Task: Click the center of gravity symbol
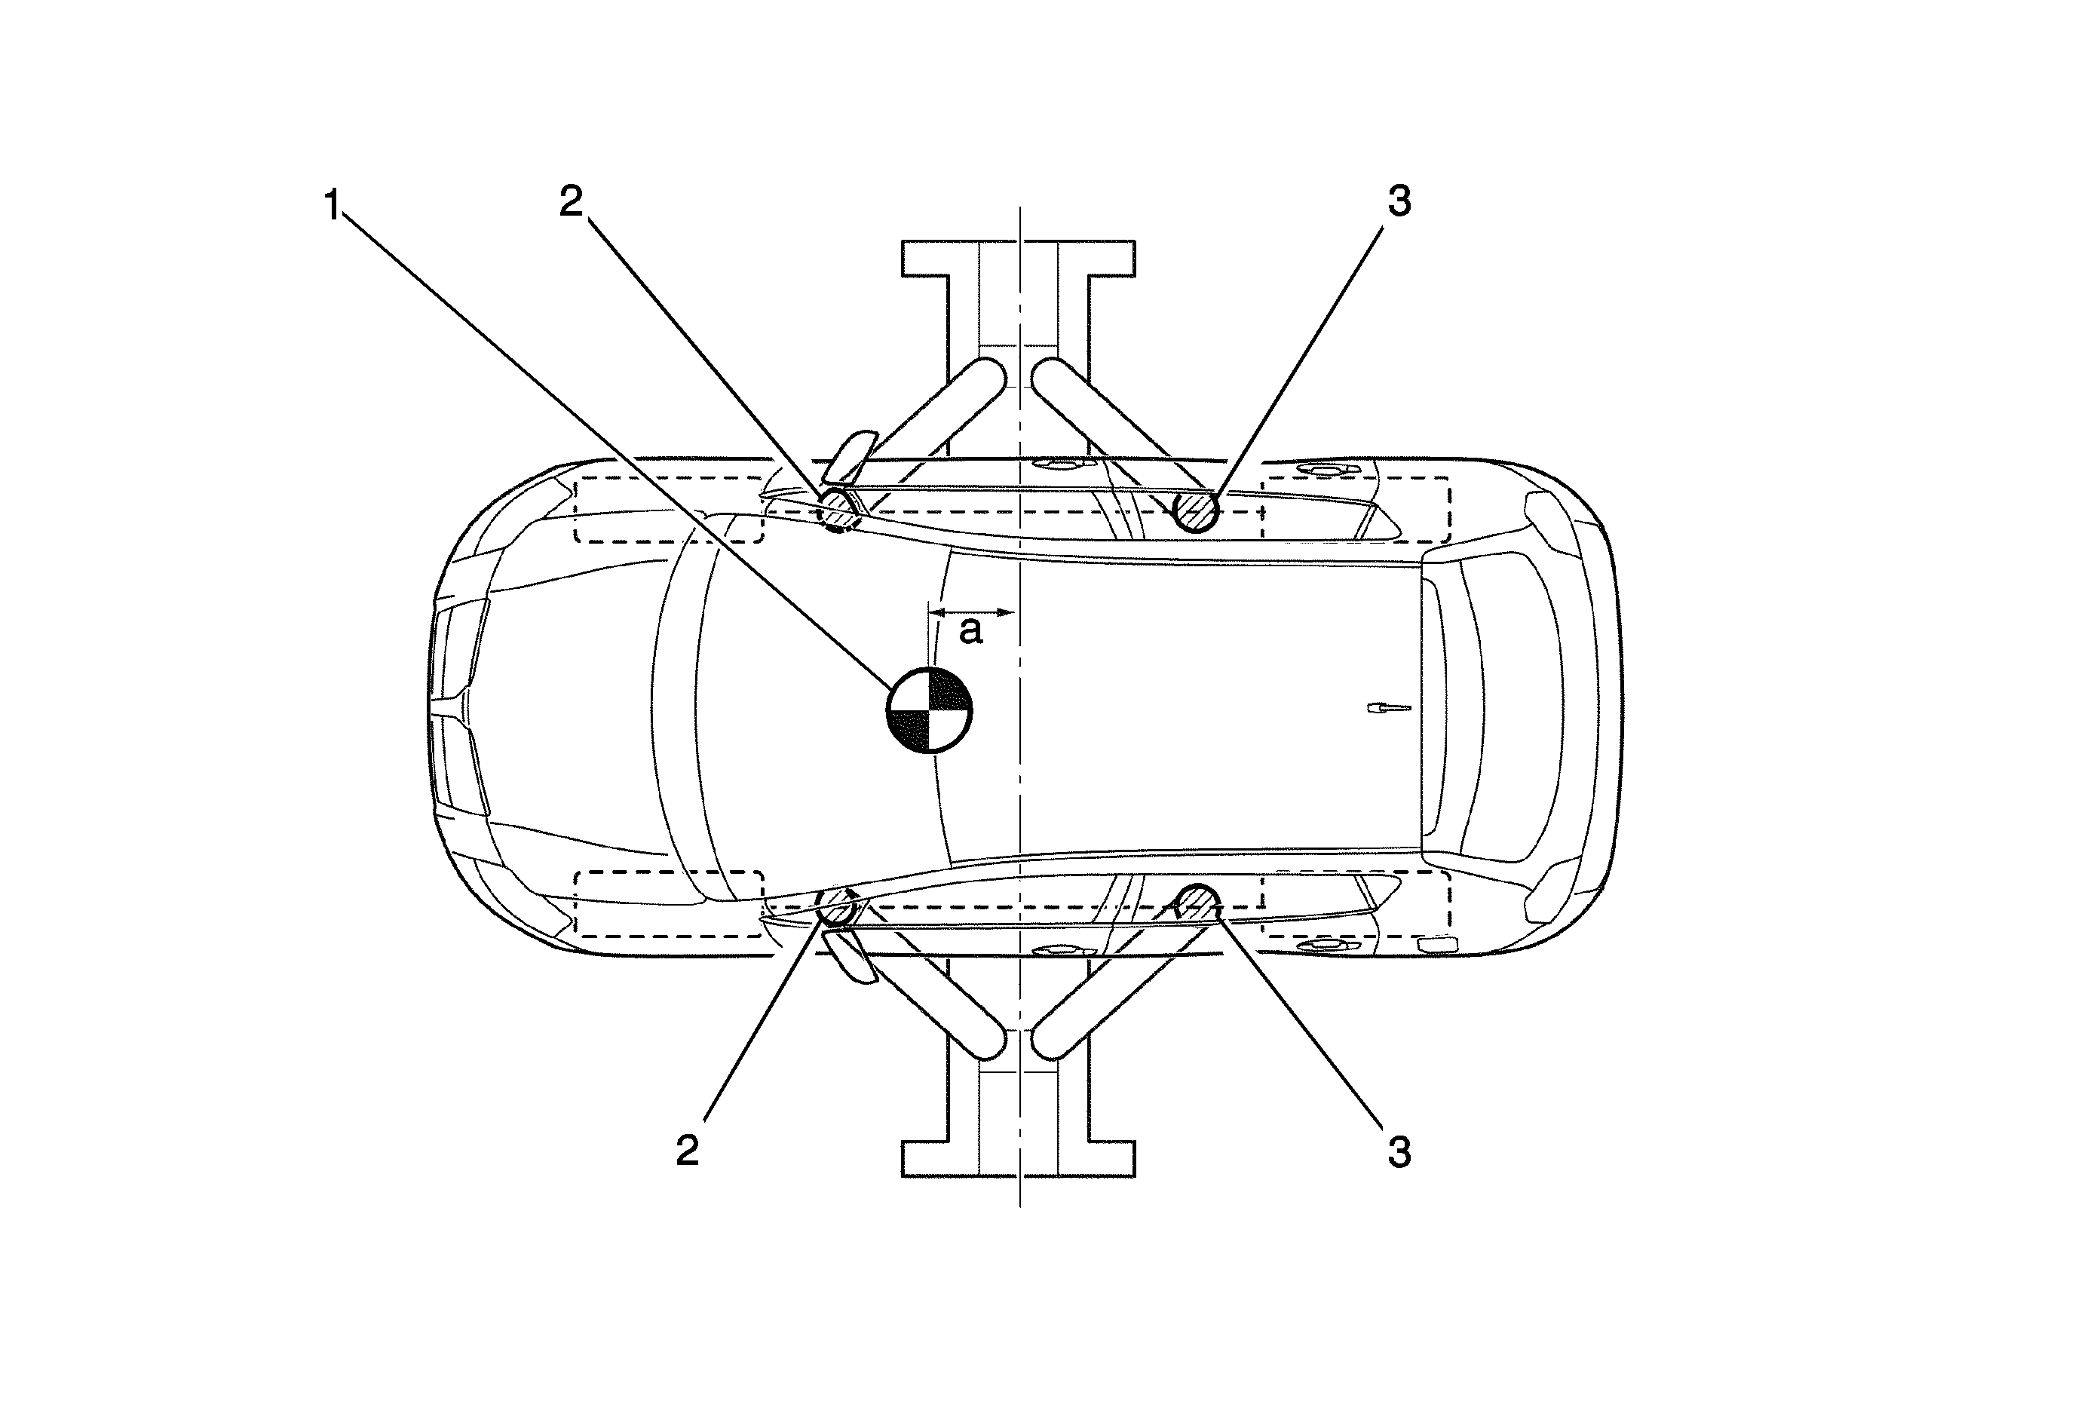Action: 929,710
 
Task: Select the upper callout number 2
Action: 571,201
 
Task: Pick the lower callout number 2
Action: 687,1151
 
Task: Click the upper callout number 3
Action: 1399,201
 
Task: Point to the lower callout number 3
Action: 1399,1151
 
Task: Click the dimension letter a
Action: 970,630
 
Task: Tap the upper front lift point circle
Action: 838,509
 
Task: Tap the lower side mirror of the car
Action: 851,955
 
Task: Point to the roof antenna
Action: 1390,708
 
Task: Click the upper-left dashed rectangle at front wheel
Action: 668,510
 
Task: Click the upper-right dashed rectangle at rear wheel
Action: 1355,510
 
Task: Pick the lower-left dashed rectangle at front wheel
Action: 668,904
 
